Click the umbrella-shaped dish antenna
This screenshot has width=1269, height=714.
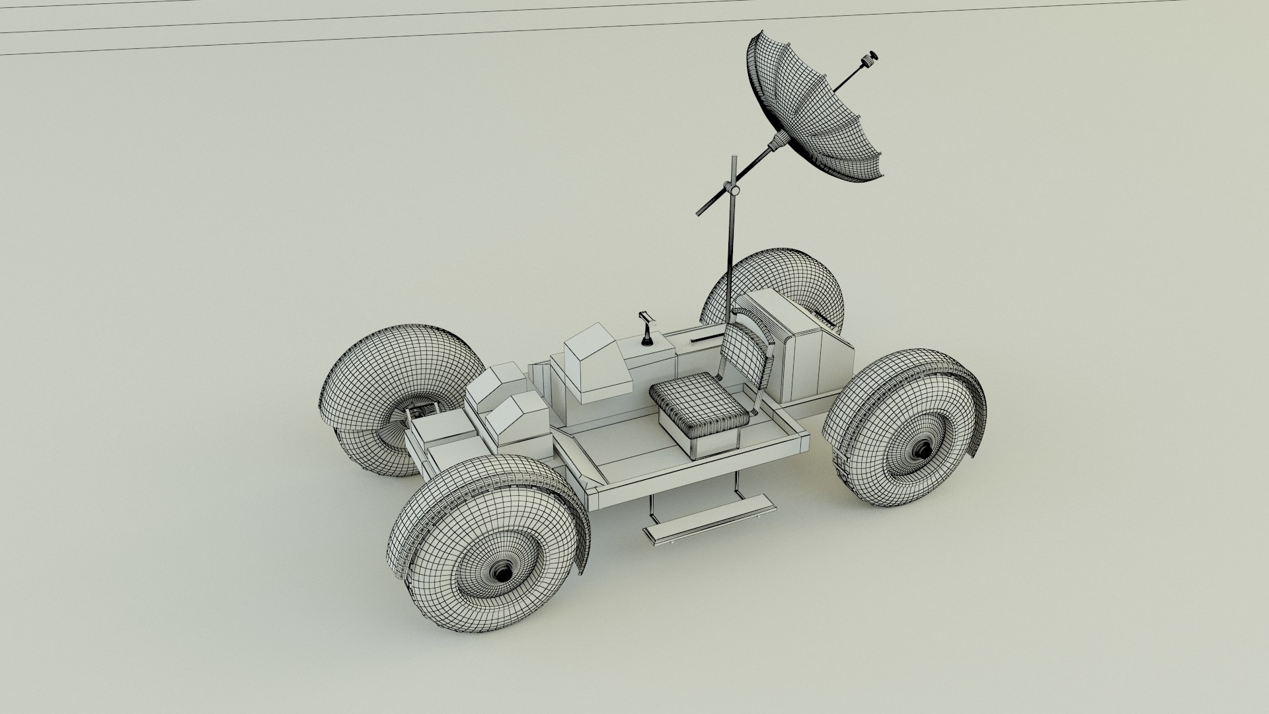(820, 112)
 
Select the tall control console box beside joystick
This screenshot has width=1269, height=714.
(595, 364)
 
